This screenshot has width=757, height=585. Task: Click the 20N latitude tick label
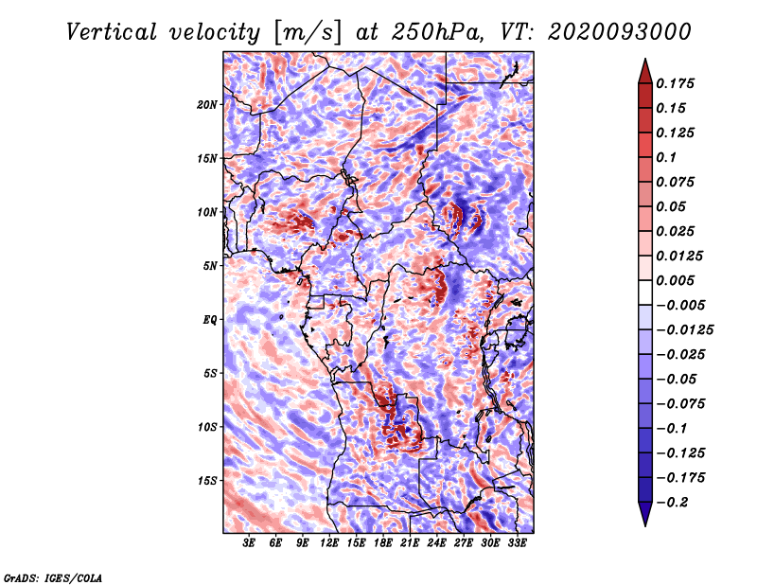tap(207, 105)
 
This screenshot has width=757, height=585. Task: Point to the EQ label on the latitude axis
tap(209, 320)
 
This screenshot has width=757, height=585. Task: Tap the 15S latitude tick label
tap(207, 481)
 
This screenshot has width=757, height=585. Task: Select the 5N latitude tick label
tap(210, 266)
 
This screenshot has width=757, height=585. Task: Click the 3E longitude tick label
tap(249, 543)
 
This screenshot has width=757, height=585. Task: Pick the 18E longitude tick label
tap(383, 543)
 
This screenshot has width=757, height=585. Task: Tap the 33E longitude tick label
tap(517, 543)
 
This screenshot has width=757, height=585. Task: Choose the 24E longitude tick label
tap(436, 543)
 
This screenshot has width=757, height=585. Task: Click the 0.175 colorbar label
tap(675, 83)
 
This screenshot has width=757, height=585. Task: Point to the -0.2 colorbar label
tap(672, 503)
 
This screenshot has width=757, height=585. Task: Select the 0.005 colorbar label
tap(675, 280)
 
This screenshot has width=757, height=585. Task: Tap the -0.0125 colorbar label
tap(684, 330)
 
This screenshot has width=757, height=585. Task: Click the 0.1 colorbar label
tap(666, 157)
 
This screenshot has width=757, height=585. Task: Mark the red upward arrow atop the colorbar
tap(645, 71)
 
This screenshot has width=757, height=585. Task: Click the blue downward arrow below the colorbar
tap(645, 514)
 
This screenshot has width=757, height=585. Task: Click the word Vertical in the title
tap(112, 32)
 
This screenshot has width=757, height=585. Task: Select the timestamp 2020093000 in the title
tap(620, 32)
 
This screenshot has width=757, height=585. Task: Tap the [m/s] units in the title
tap(308, 32)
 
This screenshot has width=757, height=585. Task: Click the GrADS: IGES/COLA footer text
tap(53, 578)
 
